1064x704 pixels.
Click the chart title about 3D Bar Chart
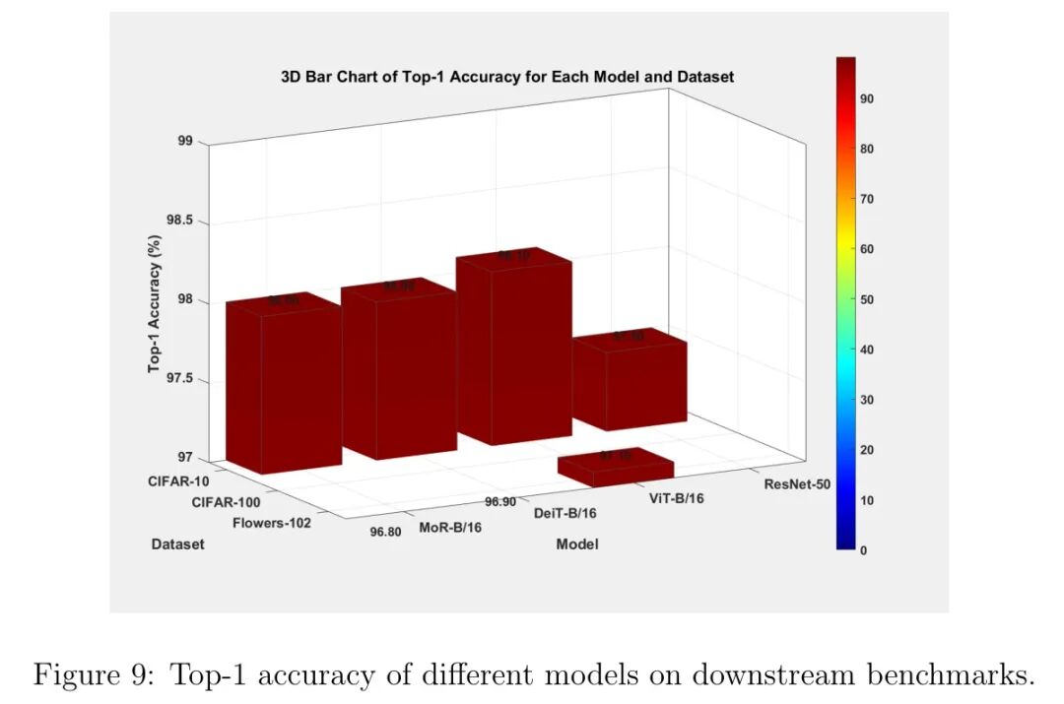506,76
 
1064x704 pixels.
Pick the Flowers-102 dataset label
272,523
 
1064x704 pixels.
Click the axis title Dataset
178,544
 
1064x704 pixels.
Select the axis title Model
577,544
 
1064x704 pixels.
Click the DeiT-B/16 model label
565,512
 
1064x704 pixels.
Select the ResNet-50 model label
797,483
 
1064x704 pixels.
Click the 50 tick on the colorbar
868,299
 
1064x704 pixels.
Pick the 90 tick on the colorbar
868,98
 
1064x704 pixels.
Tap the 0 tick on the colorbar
864,550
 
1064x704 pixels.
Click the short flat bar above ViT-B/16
616,468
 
